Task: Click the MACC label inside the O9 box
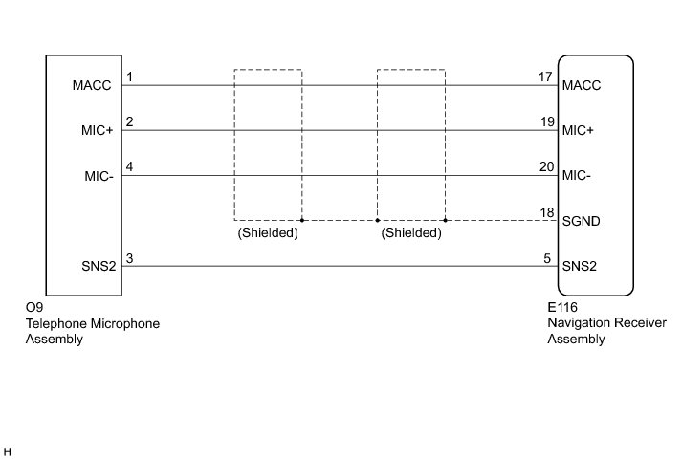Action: click(x=92, y=86)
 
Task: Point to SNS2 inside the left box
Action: click(x=99, y=266)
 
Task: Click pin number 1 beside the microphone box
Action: click(x=129, y=77)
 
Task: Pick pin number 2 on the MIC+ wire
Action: click(x=129, y=121)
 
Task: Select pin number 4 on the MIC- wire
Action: click(x=129, y=166)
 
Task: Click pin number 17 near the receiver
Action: click(x=545, y=77)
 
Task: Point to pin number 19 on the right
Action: click(x=545, y=121)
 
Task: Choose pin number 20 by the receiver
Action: click(x=545, y=166)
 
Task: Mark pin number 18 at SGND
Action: click(x=545, y=211)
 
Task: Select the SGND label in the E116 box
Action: click(x=583, y=221)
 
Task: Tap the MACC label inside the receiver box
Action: click(x=583, y=86)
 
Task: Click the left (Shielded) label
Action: click(x=268, y=232)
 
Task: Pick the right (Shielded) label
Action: click(x=411, y=232)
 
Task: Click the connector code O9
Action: click(x=34, y=309)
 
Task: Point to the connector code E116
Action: click(x=562, y=309)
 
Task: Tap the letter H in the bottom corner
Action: click(x=8, y=449)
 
